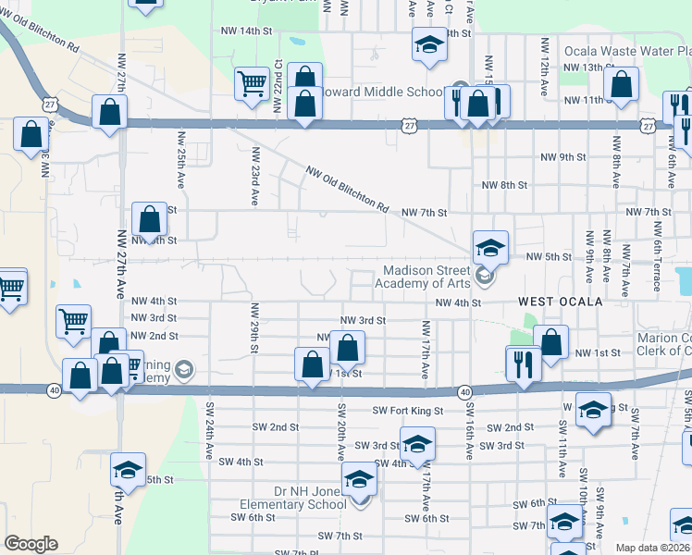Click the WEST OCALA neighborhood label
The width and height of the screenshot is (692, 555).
(560, 302)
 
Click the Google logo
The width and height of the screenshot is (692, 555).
(31, 544)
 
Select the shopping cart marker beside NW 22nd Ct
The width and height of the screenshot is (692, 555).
(252, 84)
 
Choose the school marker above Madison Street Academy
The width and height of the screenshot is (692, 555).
(490, 246)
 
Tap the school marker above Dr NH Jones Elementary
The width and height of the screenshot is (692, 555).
(359, 479)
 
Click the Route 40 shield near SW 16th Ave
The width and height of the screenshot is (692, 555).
(463, 392)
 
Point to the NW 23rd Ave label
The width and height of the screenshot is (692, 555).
(253, 177)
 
